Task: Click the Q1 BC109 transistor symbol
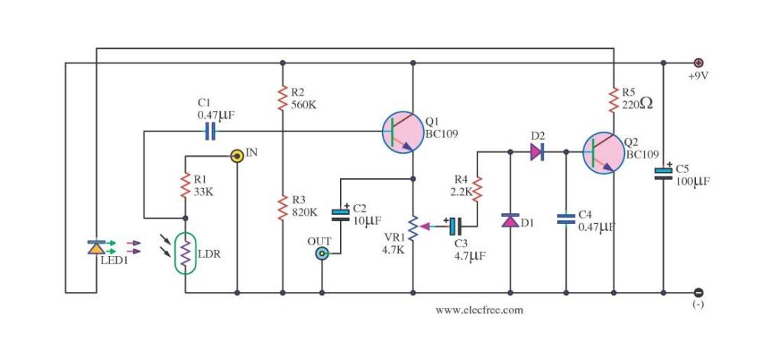click(x=402, y=131)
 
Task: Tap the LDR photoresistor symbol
click(x=185, y=252)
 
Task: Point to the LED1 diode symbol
click(x=96, y=247)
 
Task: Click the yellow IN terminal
click(x=237, y=155)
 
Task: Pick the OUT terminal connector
click(x=322, y=254)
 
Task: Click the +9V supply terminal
click(x=698, y=63)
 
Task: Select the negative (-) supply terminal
click(x=698, y=292)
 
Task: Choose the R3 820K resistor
click(x=283, y=206)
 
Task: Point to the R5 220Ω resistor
click(x=613, y=99)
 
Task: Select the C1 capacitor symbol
click(x=211, y=131)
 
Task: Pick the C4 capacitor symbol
click(x=566, y=219)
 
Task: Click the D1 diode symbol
click(x=510, y=220)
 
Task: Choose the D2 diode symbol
click(x=537, y=152)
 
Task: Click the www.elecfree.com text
click(x=479, y=310)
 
